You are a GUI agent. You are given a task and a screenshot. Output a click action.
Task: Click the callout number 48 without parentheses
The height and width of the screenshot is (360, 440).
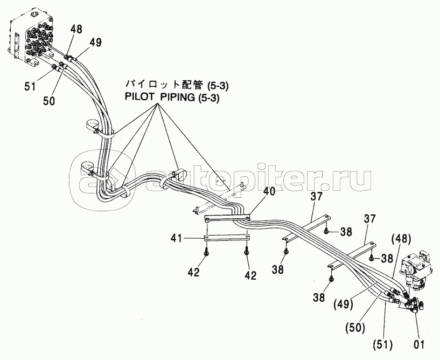[76, 29]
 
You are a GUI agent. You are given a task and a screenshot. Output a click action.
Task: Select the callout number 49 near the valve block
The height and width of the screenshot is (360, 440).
[96, 43]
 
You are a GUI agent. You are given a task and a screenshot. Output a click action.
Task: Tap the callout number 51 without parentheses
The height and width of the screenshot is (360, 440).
[30, 86]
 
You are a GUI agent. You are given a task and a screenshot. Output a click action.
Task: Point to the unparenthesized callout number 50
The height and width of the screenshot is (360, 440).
[49, 101]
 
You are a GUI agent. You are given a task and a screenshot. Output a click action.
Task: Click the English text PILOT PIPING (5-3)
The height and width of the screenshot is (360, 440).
[172, 98]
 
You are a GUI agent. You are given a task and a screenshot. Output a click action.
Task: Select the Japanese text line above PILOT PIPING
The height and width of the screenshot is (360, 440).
[177, 85]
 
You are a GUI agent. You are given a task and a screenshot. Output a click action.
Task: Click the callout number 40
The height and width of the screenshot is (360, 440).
[269, 192]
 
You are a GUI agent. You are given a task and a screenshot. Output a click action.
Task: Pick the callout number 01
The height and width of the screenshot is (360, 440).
[419, 344]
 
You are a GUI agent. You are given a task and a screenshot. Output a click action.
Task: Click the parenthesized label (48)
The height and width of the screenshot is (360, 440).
[401, 239]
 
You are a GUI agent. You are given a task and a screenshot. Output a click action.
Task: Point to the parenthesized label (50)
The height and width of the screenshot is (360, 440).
[355, 328]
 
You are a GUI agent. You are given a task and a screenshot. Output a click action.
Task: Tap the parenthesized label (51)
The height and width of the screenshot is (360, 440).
[383, 344]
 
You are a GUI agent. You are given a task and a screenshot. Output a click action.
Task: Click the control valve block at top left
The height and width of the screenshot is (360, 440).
[30, 39]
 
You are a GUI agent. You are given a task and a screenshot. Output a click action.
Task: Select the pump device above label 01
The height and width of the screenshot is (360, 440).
[415, 270]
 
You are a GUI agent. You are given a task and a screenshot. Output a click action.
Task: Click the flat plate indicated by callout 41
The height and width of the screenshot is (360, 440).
[226, 238]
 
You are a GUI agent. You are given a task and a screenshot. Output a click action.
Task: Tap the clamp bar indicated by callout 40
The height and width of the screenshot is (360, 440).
[227, 218]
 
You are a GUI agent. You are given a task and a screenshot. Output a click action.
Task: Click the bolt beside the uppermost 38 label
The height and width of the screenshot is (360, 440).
[326, 231]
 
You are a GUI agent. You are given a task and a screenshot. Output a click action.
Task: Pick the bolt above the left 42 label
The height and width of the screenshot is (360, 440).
[206, 252]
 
